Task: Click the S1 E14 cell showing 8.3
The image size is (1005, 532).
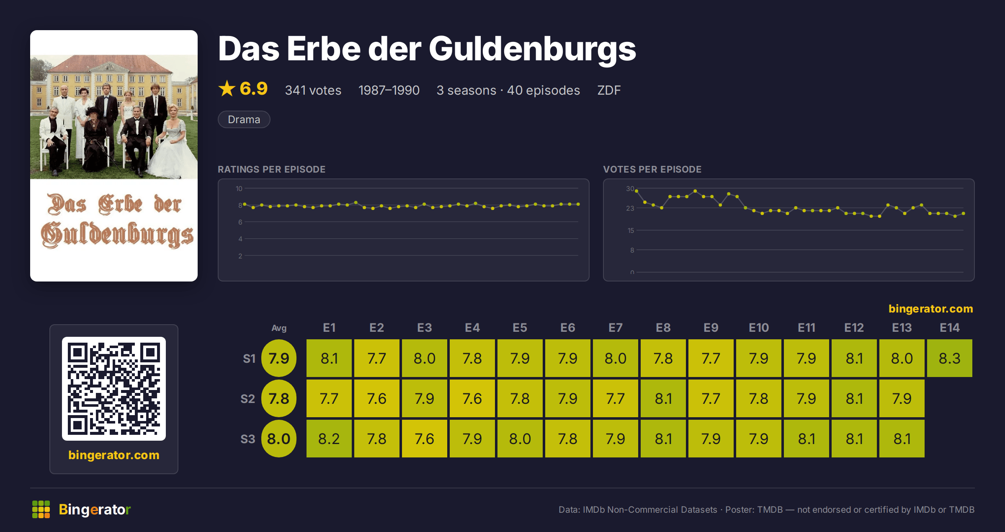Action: coord(949,358)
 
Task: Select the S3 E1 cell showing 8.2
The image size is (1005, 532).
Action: coord(329,439)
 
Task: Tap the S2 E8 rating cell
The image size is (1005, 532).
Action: coord(663,398)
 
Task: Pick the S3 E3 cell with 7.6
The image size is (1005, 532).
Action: coord(425,439)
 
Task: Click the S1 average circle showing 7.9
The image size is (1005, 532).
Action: coord(279,358)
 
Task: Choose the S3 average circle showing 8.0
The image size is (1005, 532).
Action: coord(279,439)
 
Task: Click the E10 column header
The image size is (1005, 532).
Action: coord(759,328)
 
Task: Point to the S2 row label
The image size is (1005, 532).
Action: coord(248,398)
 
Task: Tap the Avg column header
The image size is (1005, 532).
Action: coord(279,328)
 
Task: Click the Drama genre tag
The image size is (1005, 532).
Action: coord(244,119)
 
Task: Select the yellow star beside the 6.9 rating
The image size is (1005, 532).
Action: coord(227,88)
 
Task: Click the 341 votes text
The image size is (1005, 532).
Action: coord(313,90)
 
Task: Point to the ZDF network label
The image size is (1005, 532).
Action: coord(609,90)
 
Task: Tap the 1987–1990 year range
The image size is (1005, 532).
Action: coord(389,90)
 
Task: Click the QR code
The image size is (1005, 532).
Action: coord(114,389)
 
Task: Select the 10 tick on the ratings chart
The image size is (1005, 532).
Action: coord(239,189)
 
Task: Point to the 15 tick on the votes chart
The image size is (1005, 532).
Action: coord(631,230)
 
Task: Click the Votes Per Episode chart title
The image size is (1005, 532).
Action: coord(652,169)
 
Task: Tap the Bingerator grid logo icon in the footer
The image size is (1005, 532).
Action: coord(41,509)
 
